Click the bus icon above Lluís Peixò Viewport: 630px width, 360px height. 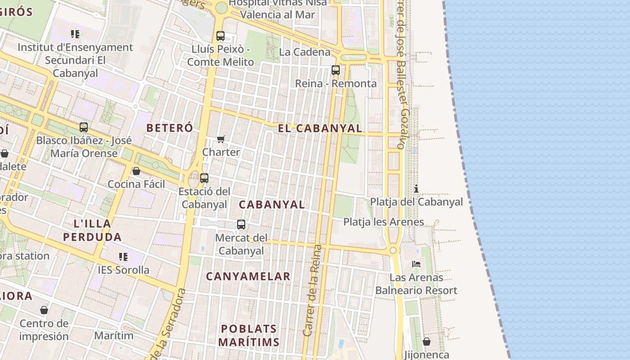(220, 36)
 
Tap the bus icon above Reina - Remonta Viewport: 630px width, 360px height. (336, 70)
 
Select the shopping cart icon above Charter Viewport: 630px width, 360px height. (220, 139)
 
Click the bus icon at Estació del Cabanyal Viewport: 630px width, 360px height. (204, 178)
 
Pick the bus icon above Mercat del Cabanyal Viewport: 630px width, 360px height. (241, 224)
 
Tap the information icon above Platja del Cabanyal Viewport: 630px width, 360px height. (416, 189)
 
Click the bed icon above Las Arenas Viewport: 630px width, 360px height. (416, 264)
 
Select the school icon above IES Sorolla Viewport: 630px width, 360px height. (123, 257)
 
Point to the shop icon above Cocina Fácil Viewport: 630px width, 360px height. (136, 171)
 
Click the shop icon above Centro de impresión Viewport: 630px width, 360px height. (44, 310)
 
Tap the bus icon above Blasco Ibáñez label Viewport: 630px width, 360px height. (84, 127)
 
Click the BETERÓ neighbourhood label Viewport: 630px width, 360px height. (170, 128)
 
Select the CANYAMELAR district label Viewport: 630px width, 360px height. (248, 276)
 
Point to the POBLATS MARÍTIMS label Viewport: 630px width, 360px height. (248, 335)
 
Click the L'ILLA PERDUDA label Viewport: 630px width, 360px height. (92, 230)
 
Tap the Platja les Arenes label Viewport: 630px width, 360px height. (383, 222)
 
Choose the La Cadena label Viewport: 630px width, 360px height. (305, 52)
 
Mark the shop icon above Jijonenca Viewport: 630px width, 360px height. (427, 342)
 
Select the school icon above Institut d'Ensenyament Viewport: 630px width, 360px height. (75, 34)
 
